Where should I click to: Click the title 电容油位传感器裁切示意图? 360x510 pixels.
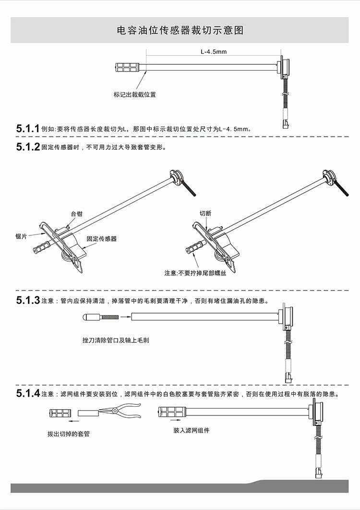(x=180, y=31)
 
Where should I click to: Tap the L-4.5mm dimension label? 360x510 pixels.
(x=213, y=51)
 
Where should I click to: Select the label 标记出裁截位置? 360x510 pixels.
(x=134, y=95)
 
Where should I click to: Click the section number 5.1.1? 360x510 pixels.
(x=27, y=129)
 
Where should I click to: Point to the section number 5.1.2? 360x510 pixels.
(x=27, y=147)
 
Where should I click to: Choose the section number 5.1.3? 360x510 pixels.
(x=27, y=301)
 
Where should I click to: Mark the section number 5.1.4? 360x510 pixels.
(x=27, y=394)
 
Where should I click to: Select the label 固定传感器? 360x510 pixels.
(x=101, y=238)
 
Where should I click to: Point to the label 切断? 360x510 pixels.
(x=205, y=214)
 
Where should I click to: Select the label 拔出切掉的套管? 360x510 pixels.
(x=69, y=434)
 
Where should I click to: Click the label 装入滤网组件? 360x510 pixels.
(x=191, y=430)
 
